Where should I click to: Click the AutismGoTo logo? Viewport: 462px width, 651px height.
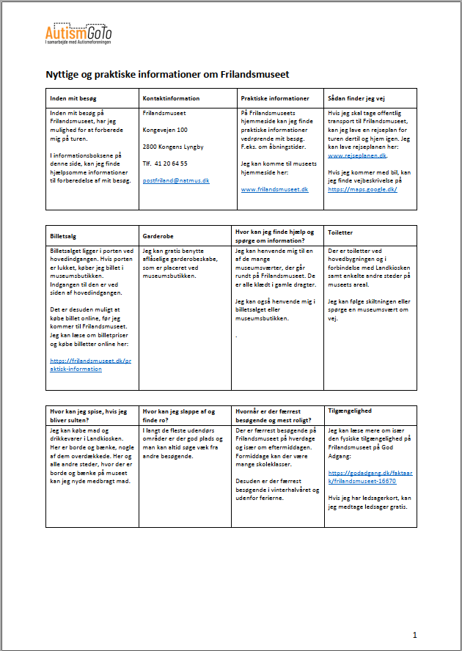78,34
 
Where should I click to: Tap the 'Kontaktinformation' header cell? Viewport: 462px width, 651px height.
169,98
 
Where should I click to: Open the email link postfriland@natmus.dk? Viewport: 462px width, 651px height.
176,180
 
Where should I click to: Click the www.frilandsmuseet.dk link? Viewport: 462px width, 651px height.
274,189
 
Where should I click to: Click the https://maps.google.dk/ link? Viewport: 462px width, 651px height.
362,189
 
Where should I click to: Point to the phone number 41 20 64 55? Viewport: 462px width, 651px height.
171,163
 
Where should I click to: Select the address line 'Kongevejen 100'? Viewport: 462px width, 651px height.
166,130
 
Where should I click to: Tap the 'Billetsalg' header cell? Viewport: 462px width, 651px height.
64,235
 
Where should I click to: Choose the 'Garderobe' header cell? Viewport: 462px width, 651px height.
159,235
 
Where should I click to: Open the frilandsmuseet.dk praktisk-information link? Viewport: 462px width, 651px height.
89,364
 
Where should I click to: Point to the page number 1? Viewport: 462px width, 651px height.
415,634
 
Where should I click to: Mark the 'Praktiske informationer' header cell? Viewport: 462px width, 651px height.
274,98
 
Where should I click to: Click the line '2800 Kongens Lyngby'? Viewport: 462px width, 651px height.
173,147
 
